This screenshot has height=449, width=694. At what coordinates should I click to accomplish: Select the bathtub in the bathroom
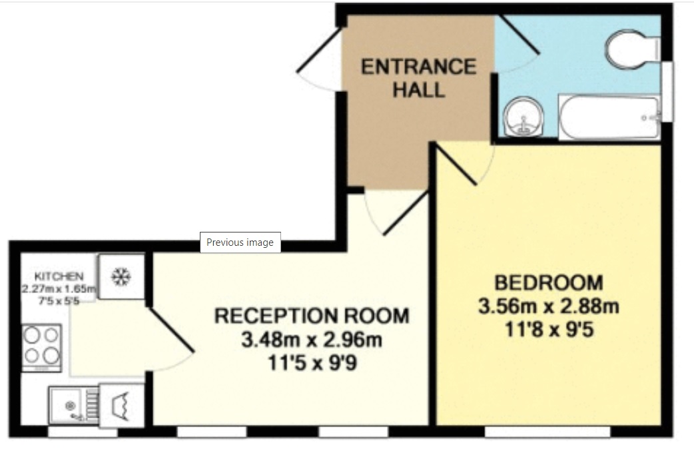(608, 118)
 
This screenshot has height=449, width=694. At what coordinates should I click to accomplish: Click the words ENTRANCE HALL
(418, 78)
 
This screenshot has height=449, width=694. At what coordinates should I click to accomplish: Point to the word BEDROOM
(549, 282)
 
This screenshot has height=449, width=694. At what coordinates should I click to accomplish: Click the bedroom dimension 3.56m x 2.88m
(549, 306)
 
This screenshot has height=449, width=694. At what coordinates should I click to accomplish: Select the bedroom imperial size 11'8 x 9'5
(549, 330)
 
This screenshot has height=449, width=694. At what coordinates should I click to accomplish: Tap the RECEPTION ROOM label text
(312, 315)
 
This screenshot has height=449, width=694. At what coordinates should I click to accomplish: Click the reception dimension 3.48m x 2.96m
(312, 340)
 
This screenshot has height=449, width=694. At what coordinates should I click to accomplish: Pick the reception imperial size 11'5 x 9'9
(312, 364)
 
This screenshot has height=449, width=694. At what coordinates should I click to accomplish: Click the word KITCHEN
(59, 276)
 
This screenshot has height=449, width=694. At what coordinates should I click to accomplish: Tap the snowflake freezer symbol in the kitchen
(121, 276)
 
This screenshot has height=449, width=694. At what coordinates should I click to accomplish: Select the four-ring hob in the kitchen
(42, 346)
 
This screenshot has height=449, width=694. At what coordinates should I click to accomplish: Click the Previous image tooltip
(240, 242)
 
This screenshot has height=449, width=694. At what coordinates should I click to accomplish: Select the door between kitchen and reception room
(171, 330)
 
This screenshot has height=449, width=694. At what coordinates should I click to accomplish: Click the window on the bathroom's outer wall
(667, 91)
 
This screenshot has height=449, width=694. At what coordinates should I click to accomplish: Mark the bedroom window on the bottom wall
(547, 432)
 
